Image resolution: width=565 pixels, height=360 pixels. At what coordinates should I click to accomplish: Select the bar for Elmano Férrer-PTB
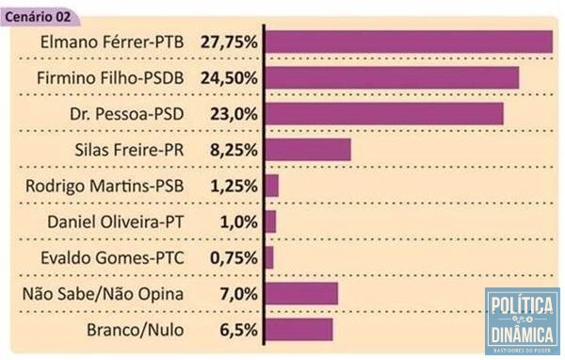(x=408, y=41)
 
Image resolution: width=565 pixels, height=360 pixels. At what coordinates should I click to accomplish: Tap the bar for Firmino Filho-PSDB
(x=392, y=77)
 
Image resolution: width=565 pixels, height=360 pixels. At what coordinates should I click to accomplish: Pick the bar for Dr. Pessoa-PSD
(x=384, y=113)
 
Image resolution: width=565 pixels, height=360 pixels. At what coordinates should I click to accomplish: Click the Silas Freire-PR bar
(x=308, y=150)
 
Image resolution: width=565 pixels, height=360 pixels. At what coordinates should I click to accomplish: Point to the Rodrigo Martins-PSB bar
(x=272, y=186)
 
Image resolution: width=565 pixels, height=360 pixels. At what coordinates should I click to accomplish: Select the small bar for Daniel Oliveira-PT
(x=271, y=221)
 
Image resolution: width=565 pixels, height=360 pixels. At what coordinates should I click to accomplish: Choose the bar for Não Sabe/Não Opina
(x=301, y=294)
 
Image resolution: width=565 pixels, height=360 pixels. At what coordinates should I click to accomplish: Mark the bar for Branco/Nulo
(x=299, y=330)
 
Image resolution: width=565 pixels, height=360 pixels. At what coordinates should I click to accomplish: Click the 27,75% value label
(x=229, y=42)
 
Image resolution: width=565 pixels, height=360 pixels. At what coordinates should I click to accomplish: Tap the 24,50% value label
(x=229, y=78)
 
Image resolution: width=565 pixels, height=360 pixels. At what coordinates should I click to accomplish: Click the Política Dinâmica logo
(x=522, y=320)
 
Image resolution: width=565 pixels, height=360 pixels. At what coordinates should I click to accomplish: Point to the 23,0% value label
(x=234, y=114)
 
